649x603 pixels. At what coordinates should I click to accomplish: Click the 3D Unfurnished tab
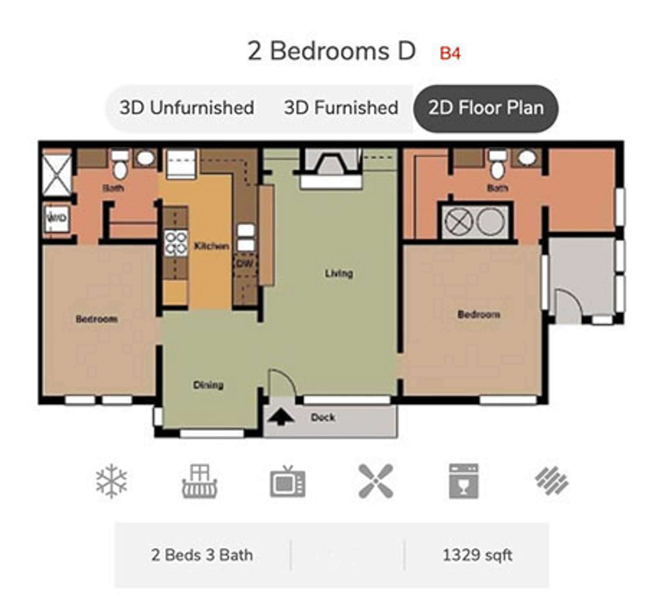[187, 108]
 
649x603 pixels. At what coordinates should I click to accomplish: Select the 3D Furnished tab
[341, 108]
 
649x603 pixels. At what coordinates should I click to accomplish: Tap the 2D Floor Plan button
[486, 108]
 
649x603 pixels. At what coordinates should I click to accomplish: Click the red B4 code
[450, 54]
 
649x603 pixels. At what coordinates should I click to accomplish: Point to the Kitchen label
[211, 246]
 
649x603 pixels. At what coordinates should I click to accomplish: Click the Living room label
[339, 273]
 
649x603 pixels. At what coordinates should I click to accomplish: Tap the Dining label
[208, 385]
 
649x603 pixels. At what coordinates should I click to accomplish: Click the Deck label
[323, 417]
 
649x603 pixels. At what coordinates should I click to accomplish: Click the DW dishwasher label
[244, 264]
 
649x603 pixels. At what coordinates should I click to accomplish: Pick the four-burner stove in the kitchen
[176, 243]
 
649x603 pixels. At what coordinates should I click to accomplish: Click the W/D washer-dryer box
[57, 218]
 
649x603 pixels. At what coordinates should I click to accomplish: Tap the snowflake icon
[111, 481]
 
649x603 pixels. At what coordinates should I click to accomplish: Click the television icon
[288, 482]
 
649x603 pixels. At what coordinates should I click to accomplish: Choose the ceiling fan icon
[376, 481]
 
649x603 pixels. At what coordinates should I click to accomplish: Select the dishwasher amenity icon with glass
[463, 481]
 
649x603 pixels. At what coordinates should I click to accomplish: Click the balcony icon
[199, 481]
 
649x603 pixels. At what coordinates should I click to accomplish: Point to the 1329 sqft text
[477, 555]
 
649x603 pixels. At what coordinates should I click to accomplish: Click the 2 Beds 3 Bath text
[202, 555]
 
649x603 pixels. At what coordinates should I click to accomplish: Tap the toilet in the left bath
[119, 167]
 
